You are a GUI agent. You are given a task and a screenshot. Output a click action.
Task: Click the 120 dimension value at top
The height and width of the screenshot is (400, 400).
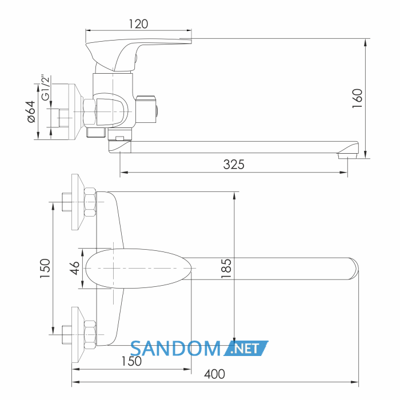(138, 24)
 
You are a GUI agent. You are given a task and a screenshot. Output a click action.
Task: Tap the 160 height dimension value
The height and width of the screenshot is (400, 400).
(357, 98)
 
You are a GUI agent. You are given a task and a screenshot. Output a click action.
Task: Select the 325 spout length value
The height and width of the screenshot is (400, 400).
(234, 165)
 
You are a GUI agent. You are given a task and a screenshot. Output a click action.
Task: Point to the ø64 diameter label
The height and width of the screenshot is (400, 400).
(31, 111)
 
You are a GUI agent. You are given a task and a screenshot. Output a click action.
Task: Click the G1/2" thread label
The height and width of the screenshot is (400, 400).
(45, 87)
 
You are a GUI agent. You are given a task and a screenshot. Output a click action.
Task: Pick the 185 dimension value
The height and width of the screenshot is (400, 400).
(226, 269)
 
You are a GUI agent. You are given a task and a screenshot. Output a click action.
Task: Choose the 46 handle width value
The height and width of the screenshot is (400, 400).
(75, 268)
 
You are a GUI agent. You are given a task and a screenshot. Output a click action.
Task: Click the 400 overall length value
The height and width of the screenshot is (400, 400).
(214, 374)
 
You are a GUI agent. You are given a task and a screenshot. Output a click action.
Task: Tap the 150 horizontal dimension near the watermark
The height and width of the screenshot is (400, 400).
(131, 361)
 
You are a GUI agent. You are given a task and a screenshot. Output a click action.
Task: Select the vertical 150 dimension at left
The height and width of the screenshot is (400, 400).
(45, 268)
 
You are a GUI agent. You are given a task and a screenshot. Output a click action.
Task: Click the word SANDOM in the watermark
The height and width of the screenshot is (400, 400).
(175, 349)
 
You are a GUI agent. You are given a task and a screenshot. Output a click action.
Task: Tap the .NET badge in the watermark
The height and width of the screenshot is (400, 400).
(246, 348)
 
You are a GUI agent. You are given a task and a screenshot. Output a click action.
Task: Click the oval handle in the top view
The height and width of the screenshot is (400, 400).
(138, 269)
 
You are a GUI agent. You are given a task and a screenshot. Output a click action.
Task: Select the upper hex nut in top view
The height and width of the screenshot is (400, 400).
(90, 202)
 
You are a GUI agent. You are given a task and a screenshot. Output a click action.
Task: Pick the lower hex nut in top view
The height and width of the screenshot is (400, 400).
(90, 335)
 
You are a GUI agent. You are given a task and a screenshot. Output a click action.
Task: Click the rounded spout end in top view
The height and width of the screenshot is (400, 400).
(354, 269)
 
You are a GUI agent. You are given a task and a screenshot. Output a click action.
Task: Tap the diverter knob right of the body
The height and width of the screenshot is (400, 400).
(146, 110)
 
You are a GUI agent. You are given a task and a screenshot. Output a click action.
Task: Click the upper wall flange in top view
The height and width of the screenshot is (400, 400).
(78, 202)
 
